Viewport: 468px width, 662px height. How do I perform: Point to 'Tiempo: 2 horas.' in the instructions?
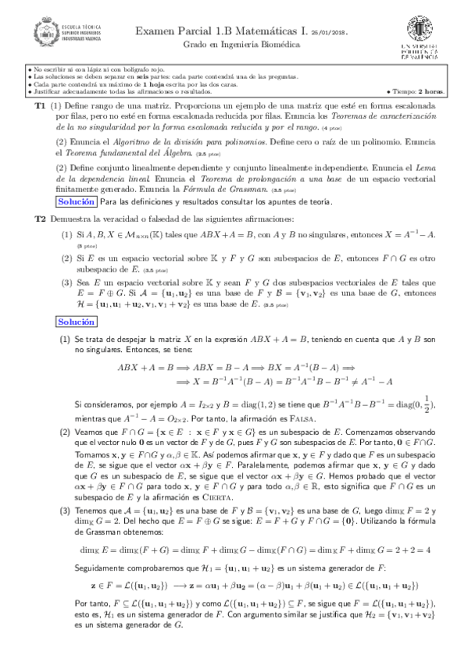pos(415,92)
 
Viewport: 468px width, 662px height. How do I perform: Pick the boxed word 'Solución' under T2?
pos(56,300)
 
